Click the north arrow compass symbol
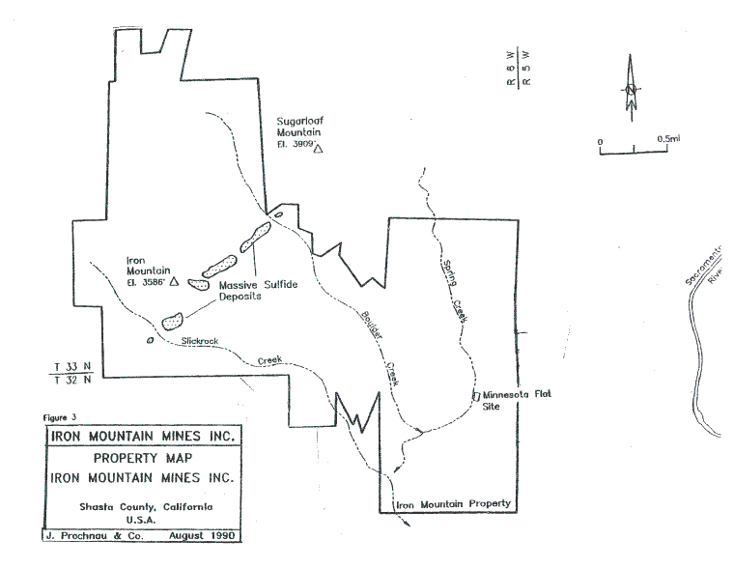pos(630,90)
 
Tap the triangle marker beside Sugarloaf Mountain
pos(318,149)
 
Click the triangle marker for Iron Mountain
pos(174,283)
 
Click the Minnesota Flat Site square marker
pos(475,396)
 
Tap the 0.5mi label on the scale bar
pos(668,139)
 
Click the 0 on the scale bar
pos(600,142)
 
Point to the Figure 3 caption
pos(59,418)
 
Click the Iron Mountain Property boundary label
pos(453,505)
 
